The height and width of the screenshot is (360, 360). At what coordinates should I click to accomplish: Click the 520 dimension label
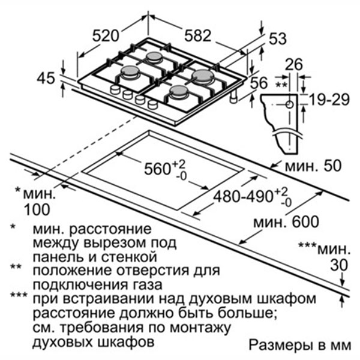click(x=106, y=36)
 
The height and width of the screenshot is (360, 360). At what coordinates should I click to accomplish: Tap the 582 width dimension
click(x=197, y=35)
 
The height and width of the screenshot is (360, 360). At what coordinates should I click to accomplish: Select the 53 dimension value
click(x=278, y=38)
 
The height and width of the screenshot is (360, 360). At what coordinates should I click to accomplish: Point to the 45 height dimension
click(x=46, y=78)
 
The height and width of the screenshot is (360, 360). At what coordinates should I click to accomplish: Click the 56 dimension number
click(x=259, y=83)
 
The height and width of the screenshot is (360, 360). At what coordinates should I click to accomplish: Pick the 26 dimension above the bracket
click(x=294, y=64)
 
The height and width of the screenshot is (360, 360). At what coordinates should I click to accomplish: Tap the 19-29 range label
click(x=329, y=100)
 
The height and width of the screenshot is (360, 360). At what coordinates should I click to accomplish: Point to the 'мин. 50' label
click(x=313, y=166)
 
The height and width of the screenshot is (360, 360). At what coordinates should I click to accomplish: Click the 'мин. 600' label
click(x=286, y=222)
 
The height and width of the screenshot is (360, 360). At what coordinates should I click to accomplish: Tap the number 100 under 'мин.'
click(x=37, y=209)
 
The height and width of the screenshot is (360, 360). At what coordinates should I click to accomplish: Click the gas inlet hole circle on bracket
click(x=290, y=104)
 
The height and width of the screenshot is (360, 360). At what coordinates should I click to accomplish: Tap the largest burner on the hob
click(x=203, y=76)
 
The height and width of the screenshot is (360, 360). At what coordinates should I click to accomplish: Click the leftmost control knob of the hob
click(x=115, y=89)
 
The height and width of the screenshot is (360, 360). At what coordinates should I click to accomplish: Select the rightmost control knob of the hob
click(x=152, y=104)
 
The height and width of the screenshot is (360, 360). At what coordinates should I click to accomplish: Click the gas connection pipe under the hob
click(x=234, y=97)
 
